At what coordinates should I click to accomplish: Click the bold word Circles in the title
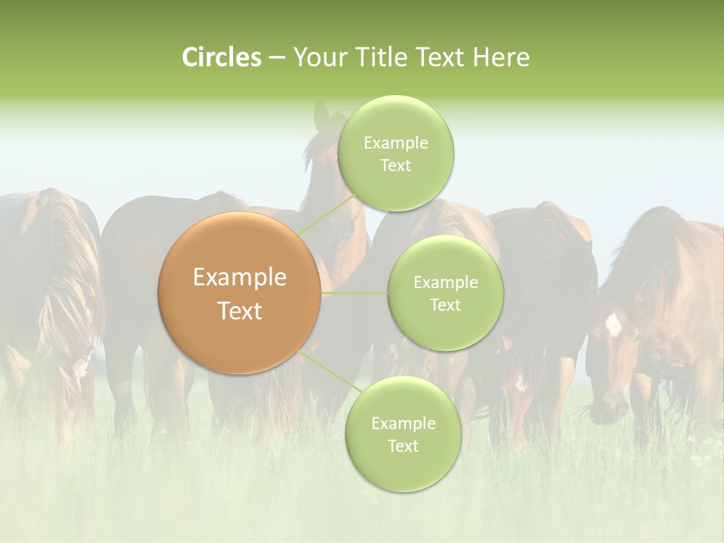tap(221, 57)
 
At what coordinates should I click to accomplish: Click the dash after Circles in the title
tap(276, 58)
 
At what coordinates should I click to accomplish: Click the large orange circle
tap(240, 293)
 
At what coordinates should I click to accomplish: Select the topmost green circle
tap(396, 153)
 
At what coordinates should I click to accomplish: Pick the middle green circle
tap(445, 293)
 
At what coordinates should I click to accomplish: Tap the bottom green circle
tap(403, 434)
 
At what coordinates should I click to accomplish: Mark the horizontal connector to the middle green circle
tap(354, 293)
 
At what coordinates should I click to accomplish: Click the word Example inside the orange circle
tap(240, 278)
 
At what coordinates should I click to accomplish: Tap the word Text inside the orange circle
tap(240, 311)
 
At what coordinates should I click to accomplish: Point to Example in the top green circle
tap(396, 143)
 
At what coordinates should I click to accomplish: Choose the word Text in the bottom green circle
tap(403, 446)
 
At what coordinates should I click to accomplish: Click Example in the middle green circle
tap(445, 282)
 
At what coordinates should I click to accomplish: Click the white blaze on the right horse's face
tap(613, 325)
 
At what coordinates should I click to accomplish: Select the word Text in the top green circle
tap(396, 165)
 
